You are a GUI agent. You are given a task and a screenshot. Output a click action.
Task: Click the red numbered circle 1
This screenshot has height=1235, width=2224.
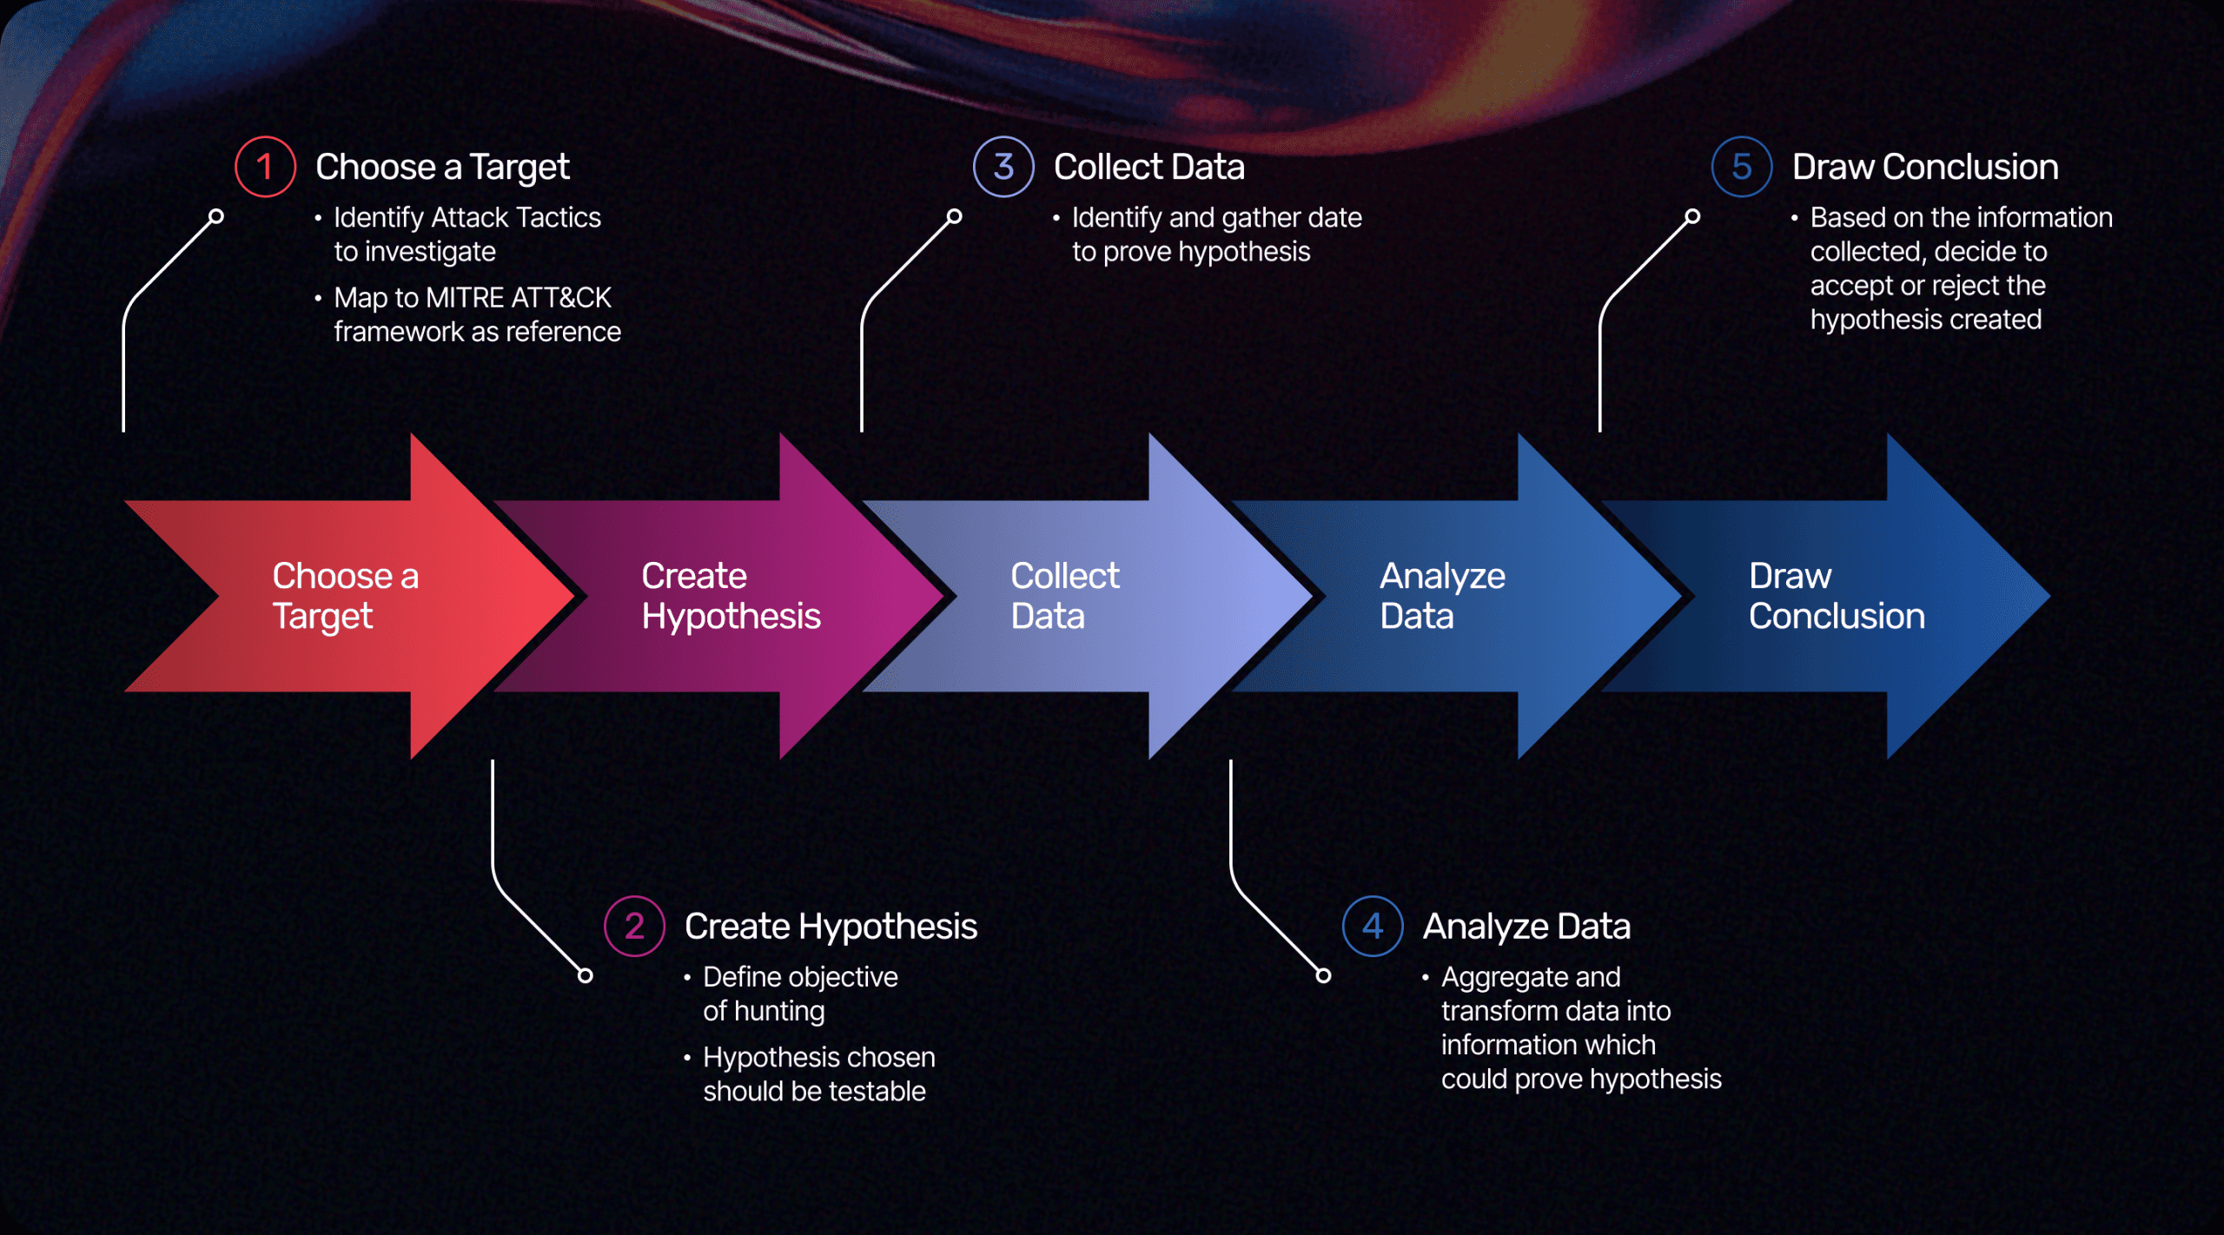click(265, 167)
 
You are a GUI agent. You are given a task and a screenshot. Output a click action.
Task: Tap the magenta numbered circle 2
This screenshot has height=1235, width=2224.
click(634, 926)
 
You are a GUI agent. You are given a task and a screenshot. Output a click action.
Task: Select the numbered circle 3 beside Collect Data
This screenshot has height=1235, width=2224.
click(1003, 167)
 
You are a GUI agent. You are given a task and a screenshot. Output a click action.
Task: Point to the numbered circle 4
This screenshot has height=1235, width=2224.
click(1373, 926)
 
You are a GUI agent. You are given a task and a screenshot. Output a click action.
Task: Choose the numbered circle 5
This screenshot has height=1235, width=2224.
click(1742, 167)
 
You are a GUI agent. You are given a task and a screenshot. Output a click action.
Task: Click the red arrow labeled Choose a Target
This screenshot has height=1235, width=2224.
click(347, 597)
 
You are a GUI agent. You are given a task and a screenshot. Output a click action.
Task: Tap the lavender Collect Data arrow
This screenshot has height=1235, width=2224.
click(1086, 597)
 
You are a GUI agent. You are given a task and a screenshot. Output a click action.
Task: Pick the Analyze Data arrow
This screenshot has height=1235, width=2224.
click(1459, 597)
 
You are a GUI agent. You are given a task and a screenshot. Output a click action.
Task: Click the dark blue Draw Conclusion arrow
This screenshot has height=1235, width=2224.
click(1833, 597)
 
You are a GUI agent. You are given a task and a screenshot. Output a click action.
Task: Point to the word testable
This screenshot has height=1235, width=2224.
click(876, 1091)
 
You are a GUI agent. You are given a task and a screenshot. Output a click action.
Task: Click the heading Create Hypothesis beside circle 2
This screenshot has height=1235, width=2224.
click(831, 926)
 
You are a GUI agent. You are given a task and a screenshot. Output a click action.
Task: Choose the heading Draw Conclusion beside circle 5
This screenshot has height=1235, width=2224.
click(1925, 167)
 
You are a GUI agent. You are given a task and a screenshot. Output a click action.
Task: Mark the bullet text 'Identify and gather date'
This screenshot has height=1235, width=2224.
click(1216, 217)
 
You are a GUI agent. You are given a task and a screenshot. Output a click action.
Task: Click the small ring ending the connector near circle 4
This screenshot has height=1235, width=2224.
click(1323, 975)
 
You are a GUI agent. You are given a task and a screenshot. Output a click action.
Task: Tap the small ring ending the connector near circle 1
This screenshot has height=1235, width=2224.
click(216, 216)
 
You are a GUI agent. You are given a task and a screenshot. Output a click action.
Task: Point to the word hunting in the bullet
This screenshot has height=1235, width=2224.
click(779, 1011)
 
